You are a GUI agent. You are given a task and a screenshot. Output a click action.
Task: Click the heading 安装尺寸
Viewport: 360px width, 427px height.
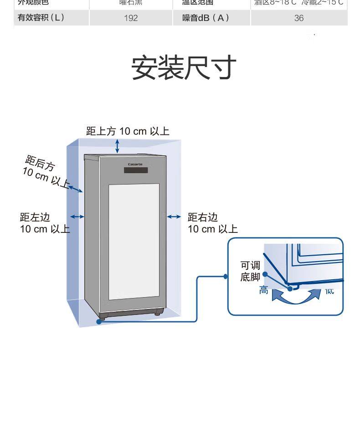[x=184, y=67]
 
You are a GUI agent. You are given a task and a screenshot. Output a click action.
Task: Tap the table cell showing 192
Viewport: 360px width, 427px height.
[x=131, y=18]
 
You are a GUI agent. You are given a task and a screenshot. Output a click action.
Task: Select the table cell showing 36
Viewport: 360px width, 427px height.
[x=299, y=18]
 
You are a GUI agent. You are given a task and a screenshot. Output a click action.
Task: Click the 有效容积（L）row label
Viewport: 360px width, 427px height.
[x=41, y=18]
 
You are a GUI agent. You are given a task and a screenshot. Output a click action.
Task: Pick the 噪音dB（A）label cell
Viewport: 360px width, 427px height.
[x=206, y=18]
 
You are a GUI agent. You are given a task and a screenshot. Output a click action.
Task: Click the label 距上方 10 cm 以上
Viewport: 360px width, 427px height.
[x=128, y=131]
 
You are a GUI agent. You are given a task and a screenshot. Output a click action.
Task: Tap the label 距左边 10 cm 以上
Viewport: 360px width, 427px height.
[x=44, y=223]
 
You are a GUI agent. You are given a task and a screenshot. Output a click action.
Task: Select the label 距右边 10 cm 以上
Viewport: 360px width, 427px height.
[x=212, y=223]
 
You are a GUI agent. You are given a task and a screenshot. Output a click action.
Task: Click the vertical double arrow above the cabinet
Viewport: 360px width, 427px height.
[x=117, y=146]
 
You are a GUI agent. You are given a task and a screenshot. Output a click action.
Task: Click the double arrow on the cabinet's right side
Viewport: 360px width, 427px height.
[x=174, y=217]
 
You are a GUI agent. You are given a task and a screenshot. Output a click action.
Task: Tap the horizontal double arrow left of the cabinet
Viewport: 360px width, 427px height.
[x=77, y=217]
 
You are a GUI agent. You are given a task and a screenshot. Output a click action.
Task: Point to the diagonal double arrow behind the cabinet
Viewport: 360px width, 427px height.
[x=75, y=188]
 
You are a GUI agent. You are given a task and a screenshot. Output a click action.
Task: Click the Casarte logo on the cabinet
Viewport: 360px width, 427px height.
[x=135, y=164]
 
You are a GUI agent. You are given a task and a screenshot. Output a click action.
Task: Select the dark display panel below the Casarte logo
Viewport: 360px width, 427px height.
[x=136, y=170]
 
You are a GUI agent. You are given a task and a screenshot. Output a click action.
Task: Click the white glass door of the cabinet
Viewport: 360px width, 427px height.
[x=134, y=242]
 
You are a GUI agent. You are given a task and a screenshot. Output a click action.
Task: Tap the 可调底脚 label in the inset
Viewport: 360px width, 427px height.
[x=250, y=271]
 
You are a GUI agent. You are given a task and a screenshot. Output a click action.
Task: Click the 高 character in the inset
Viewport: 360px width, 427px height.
[x=264, y=290]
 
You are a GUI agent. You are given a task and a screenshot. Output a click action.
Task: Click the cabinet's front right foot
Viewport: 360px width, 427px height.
[x=158, y=313]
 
